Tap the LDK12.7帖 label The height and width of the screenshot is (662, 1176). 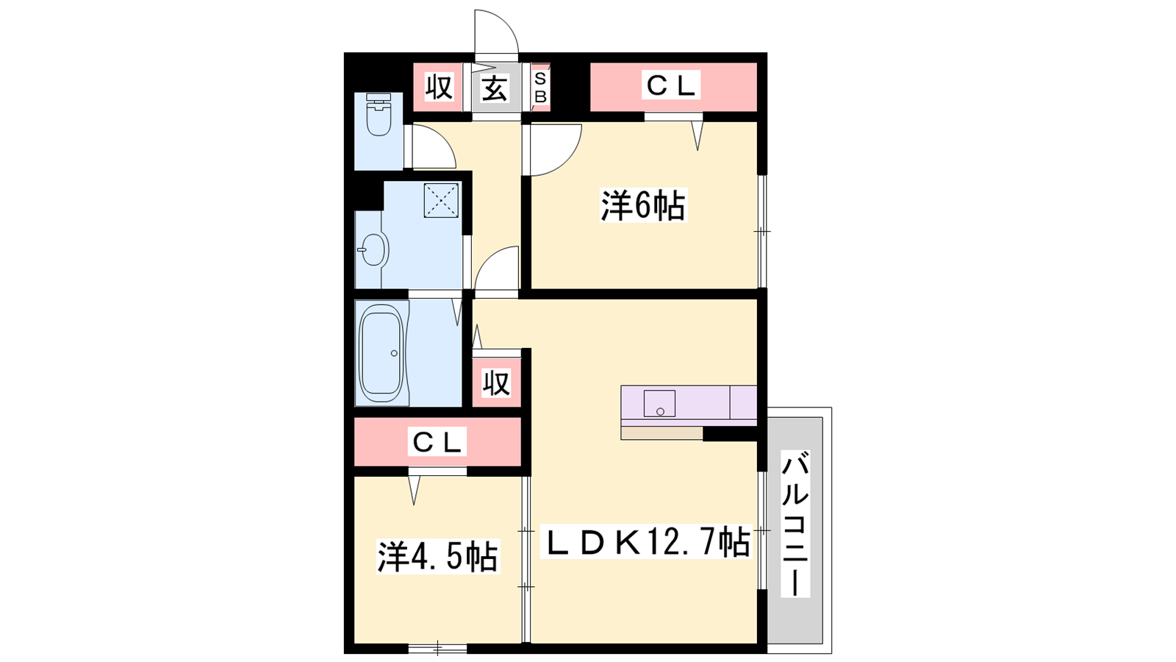[645, 541]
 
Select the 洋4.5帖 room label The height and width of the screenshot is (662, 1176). [437, 556]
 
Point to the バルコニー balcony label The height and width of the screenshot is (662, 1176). [795, 523]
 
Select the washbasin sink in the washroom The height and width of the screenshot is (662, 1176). [374, 249]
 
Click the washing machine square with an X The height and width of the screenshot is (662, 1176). [441, 199]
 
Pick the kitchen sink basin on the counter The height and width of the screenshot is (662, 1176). [659, 404]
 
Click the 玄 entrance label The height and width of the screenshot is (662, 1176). [495, 88]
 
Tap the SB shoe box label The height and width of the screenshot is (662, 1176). [540, 88]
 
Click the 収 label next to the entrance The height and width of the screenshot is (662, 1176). [439, 88]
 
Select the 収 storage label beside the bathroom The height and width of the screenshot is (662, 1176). [496, 382]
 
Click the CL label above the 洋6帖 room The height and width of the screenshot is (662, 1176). [671, 85]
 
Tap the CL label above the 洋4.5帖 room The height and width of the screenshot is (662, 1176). [437, 442]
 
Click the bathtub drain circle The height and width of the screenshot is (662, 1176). [394, 354]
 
